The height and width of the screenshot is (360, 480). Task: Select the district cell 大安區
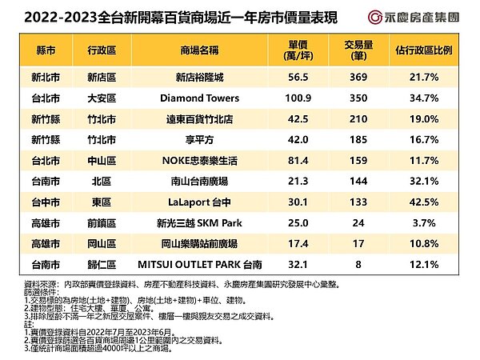click(102, 98)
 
